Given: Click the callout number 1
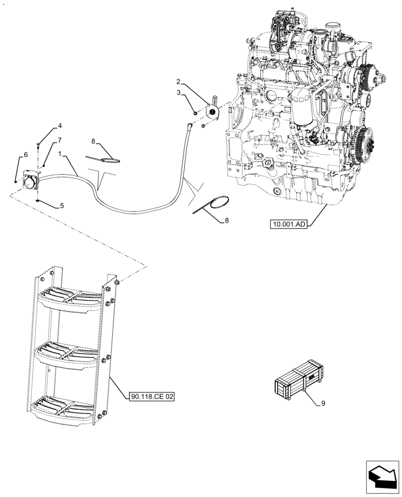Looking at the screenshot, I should pos(60,155).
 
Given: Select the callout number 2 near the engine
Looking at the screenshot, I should pos(178,81).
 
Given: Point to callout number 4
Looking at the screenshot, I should pos(60,125).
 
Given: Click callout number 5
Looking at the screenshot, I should pos(62,205).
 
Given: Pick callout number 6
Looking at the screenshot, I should pos(25,155).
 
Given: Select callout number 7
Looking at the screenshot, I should pos(60,140).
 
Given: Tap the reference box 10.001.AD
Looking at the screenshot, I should pos(290,225).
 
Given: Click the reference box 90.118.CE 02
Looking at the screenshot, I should pos(152,397).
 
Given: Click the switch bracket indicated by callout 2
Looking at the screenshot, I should pos(213,112).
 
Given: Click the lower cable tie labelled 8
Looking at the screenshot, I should pos(211,205).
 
